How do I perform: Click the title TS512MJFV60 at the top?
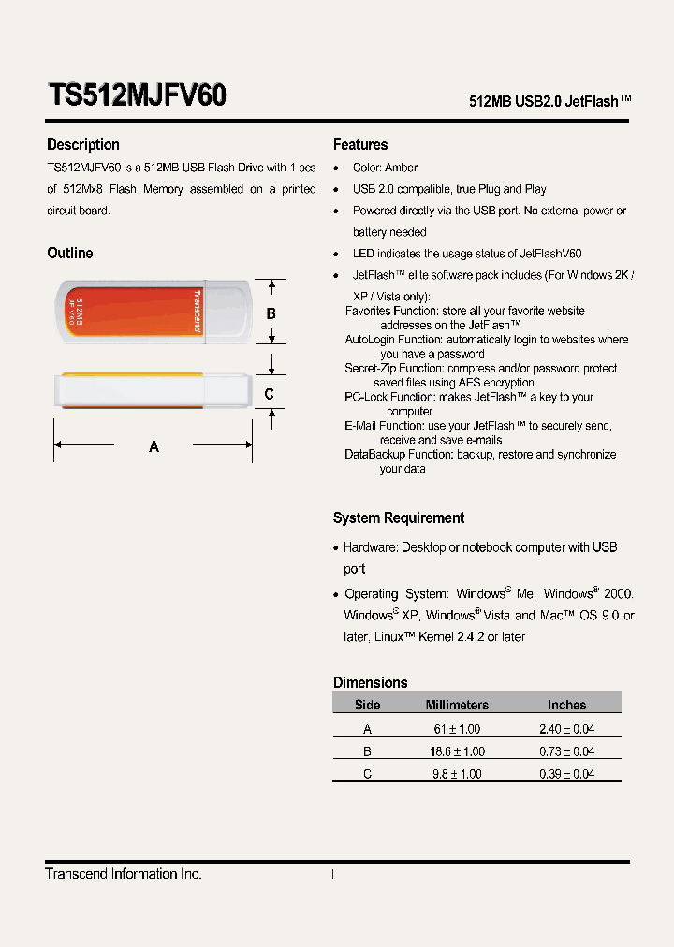coord(137,95)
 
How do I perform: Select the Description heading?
coord(83,145)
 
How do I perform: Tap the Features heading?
coord(360,145)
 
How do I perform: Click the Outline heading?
coord(70,254)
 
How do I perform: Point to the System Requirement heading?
coord(399,518)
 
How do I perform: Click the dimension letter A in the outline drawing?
coord(154,447)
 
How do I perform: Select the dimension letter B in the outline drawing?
coord(271,314)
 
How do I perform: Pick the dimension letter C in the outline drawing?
coord(270,394)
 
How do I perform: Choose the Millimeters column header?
coord(457,705)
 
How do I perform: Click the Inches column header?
coord(566,705)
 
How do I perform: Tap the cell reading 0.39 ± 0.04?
coord(566,774)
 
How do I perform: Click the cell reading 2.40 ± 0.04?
coord(566,729)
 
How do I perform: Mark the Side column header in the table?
coord(368,705)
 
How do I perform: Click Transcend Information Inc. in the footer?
coord(124,874)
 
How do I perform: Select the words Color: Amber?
coord(385,168)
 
